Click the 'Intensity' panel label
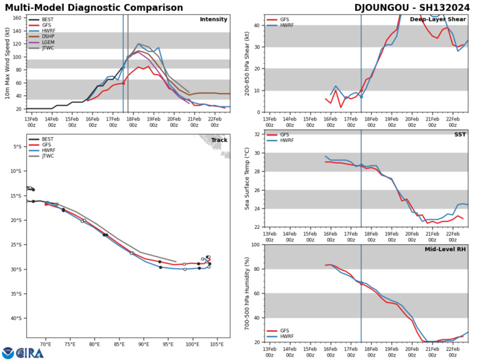pos(213,19)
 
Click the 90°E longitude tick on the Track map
pos(144,345)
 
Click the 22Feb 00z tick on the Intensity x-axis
pos(215,121)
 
